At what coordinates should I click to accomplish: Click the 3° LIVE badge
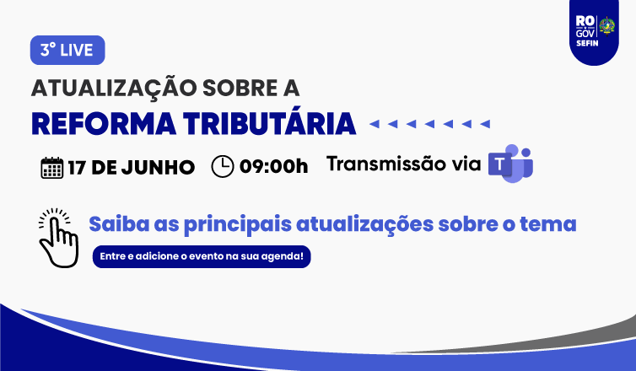click(x=67, y=51)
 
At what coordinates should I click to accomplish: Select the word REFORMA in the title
click(x=104, y=124)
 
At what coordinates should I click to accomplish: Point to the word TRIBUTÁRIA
click(x=269, y=123)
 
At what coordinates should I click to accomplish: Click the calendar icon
click(x=52, y=168)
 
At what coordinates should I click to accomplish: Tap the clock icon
click(x=223, y=166)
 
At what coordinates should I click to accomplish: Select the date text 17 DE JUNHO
click(x=131, y=168)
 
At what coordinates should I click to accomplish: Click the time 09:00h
click(x=274, y=166)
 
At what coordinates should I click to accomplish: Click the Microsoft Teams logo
click(x=510, y=164)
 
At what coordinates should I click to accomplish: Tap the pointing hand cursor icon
click(x=58, y=238)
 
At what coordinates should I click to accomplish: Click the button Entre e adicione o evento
click(x=202, y=256)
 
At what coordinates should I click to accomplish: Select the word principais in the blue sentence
click(x=238, y=224)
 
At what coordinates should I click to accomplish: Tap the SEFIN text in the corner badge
click(x=587, y=43)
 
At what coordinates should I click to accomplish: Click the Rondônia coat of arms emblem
click(x=606, y=26)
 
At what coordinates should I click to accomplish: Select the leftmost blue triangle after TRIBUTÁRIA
click(x=375, y=124)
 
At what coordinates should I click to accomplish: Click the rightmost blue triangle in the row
click(x=485, y=124)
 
